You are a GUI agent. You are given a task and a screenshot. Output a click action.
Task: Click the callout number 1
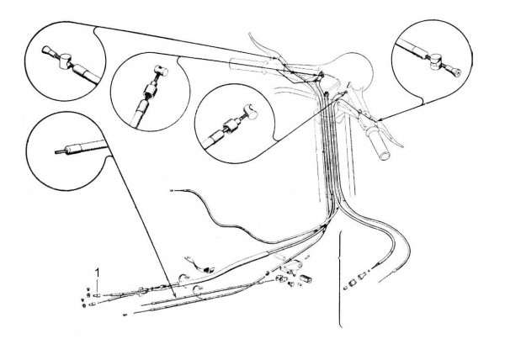point(97,273)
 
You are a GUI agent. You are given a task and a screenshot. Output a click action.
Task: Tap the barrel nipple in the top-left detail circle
point(66,61)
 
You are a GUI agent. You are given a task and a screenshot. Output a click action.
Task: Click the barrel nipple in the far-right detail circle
point(436,61)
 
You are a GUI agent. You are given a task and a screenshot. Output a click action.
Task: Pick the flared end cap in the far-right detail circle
point(456,72)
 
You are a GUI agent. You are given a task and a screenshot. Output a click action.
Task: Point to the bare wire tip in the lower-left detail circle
point(60,151)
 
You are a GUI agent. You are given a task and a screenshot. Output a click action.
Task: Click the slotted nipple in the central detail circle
point(250,111)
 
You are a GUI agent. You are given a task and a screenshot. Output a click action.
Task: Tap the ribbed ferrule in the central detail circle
point(231,125)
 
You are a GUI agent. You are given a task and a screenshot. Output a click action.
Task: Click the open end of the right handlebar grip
point(385,156)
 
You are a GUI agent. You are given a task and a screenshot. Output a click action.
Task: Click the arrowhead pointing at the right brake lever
point(379,120)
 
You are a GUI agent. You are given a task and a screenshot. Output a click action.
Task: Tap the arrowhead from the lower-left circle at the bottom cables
point(174,295)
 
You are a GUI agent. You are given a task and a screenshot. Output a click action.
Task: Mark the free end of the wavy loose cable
point(172,191)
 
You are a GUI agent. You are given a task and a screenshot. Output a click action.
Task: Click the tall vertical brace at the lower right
point(340,279)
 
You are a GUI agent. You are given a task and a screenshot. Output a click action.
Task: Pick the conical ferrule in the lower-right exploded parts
point(362,277)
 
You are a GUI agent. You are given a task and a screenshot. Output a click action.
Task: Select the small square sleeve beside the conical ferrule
point(351,283)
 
